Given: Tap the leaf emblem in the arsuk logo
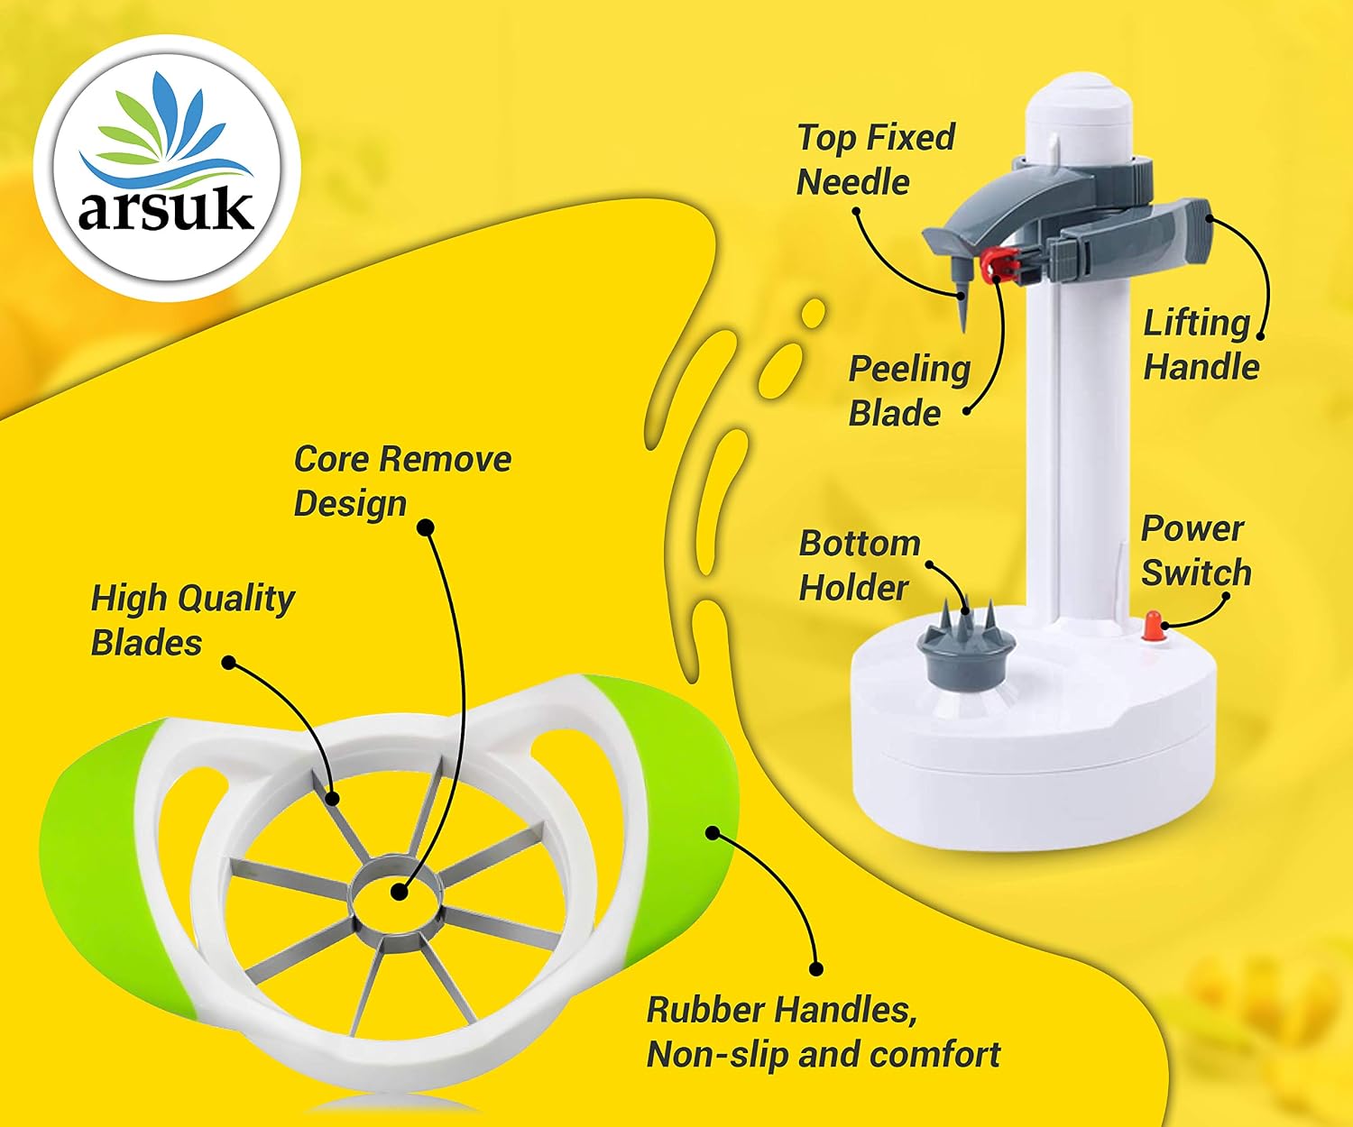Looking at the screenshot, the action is point(166,130).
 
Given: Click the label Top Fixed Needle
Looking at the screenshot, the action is point(876,160).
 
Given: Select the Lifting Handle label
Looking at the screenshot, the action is point(1201,344).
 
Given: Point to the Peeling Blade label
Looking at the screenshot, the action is point(909,391).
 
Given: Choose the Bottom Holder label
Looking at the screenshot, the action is point(860,565).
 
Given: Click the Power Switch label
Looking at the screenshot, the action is point(1195,551).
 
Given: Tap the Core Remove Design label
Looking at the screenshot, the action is point(402,481).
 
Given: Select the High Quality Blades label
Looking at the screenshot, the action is point(192,620).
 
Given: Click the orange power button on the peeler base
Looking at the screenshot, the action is point(1153,626).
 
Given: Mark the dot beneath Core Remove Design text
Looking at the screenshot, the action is point(425,527).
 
